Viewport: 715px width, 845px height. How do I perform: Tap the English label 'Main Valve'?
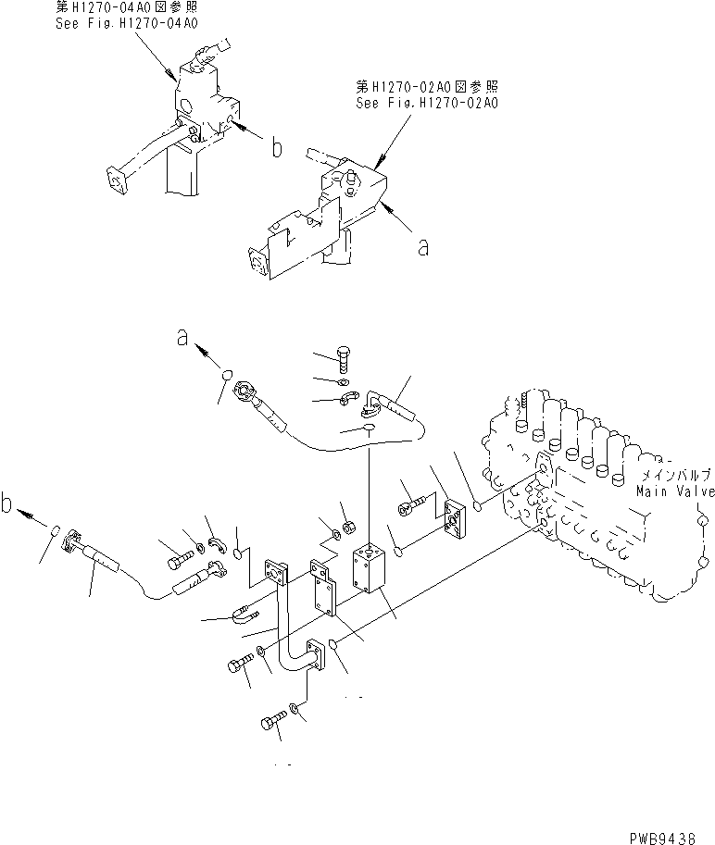pos(675,491)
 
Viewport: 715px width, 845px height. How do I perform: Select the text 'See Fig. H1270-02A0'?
pos(427,104)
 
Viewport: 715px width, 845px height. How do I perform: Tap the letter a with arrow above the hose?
pos(183,340)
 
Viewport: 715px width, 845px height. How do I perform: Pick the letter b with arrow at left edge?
pos(9,505)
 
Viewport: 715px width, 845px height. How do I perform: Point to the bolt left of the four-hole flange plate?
pos(410,506)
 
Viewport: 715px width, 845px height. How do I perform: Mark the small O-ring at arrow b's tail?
pos(55,531)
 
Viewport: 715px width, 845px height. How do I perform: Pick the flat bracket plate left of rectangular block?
pos(324,592)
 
